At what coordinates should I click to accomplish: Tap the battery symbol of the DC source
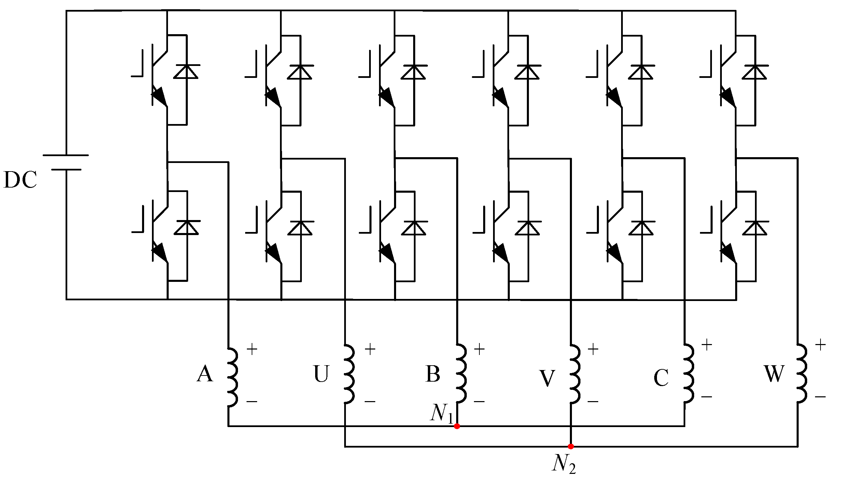tap(66, 162)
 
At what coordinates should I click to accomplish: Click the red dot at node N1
tap(457, 426)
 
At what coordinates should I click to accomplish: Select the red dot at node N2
tap(571, 446)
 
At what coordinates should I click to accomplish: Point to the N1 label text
tap(441, 413)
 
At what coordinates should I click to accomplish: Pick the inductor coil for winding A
tap(232, 377)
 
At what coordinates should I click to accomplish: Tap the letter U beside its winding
tap(321, 374)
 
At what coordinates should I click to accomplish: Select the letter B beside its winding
tap(433, 374)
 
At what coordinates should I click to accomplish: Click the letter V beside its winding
tap(547, 378)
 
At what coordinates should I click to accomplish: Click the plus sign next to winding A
tap(252, 350)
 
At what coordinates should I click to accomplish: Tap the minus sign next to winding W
tap(820, 397)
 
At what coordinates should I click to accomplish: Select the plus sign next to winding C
tap(706, 345)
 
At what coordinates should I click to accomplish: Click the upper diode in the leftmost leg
tap(186, 72)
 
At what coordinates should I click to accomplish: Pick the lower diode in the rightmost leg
tap(755, 228)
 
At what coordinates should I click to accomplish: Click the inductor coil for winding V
tap(574, 374)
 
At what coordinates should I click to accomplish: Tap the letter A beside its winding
tap(205, 374)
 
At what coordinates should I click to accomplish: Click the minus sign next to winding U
tap(370, 401)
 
